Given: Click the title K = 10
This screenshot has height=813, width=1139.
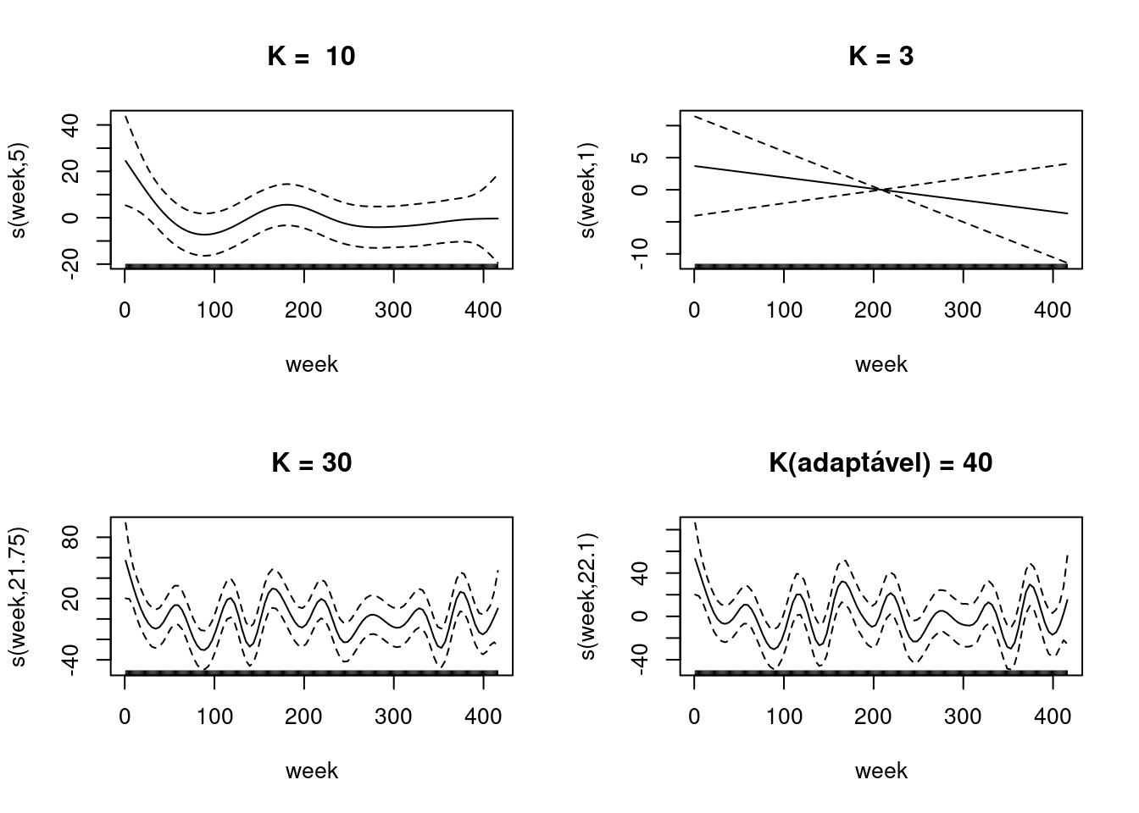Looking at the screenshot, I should [311, 57].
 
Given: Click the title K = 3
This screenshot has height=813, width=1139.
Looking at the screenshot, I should [881, 57].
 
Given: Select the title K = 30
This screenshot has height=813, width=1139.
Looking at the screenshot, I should [311, 463].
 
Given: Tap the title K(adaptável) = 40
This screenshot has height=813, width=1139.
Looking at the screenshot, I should [881, 463].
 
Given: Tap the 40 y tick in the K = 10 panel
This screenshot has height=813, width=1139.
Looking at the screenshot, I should [73, 125].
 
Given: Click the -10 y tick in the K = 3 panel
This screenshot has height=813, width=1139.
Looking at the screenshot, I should [642, 253].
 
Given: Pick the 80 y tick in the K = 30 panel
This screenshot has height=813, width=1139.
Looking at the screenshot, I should [73, 537].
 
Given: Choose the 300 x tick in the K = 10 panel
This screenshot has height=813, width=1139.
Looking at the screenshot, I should [393, 311].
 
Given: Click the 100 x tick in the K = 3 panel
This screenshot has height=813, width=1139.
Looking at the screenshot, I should [784, 311].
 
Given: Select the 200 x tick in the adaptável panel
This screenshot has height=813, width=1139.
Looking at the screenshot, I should [874, 717].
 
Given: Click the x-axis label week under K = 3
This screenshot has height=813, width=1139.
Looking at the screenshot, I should [881, 365].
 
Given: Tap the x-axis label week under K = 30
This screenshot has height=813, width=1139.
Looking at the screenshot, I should [311, 772].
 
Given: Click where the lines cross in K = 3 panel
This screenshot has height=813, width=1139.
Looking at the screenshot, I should [882, 190].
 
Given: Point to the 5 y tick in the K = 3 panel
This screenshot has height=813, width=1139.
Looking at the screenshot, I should [642, 158].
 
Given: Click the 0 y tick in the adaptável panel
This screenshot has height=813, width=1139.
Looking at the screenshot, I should [642, 617].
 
